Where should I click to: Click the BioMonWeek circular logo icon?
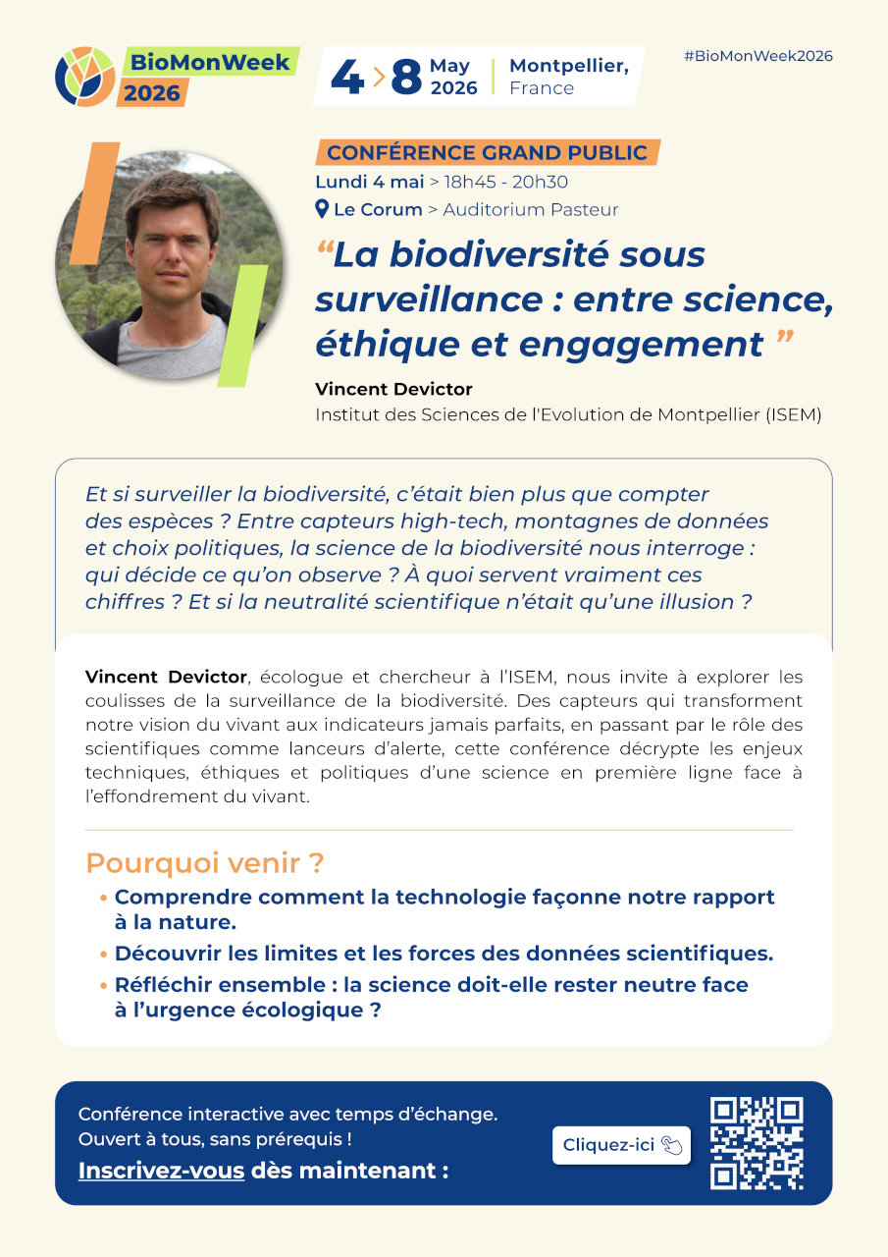coord(85,77)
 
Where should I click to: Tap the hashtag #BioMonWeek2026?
coord(757,56)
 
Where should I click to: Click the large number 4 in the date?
coord(346,77)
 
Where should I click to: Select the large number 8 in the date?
coord(405,77)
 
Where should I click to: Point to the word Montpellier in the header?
coord(569,65)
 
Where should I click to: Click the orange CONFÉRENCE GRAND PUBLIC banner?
coord(487,153)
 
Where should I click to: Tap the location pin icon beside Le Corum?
coord(322,209)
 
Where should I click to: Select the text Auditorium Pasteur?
coord(531,209)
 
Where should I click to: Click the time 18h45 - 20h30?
coord(506,182)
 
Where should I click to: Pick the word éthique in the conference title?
coord(364,346)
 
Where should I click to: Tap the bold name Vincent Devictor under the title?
coord(393,389)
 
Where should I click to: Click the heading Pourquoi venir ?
coord(204,864)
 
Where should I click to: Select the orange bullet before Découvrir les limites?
coord(103,955)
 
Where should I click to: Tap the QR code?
coord(757,1143)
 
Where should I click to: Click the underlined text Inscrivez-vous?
coord(161,1171)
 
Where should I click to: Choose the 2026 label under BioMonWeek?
coord(152,93)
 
